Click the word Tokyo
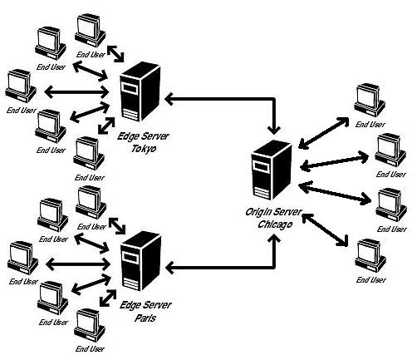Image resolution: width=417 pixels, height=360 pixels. point(138,149)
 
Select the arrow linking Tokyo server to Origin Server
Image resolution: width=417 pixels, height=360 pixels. point(224,99)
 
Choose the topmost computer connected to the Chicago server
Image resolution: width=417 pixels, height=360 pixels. point(369,100)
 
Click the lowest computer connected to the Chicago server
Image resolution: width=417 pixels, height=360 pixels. point(369,255)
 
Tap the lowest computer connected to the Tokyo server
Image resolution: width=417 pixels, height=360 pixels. point(88,150)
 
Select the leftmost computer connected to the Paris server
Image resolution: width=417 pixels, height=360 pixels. point(20,255)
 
